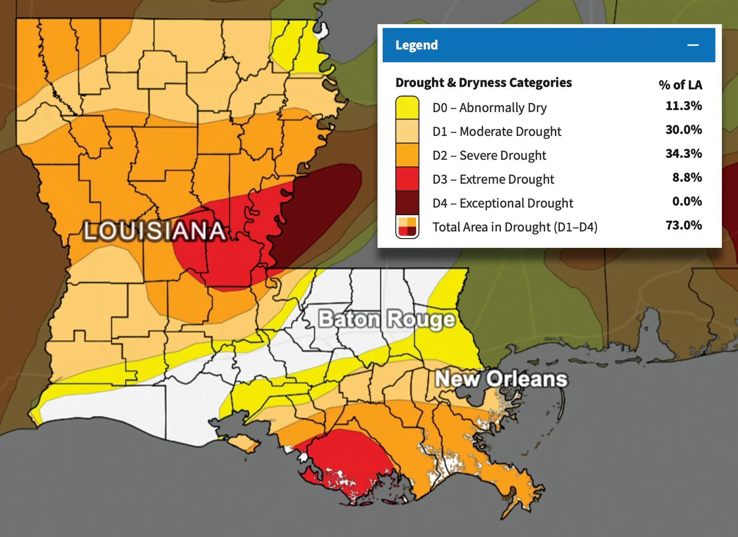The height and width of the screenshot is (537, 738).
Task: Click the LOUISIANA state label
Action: point(154,231)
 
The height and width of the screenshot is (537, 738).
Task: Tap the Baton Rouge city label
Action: point(386,320)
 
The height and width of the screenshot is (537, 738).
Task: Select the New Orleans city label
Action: point(501,379)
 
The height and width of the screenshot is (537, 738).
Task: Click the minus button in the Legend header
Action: point(693,45)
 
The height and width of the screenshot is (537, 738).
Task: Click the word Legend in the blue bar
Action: point(416,45)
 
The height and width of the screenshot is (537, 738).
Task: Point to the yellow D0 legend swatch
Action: point(407,108)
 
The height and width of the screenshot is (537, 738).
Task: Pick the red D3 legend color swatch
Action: point(407,179)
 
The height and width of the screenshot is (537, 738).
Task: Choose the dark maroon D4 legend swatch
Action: point(407,203)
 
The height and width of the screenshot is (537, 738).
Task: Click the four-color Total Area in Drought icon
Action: point(407,227)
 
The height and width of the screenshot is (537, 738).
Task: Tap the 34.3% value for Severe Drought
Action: point(683,153)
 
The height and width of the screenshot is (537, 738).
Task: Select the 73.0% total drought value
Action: point(683,225)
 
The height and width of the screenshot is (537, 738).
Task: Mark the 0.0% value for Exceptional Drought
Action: point(687,201)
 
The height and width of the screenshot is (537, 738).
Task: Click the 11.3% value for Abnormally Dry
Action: point(683,106)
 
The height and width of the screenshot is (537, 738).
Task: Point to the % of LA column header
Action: point(680,85)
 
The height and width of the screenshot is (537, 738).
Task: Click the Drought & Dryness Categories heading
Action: point(483,83)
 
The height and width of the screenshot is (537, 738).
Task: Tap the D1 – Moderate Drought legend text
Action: point(496,132)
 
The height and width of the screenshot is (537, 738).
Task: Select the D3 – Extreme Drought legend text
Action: point(493,179)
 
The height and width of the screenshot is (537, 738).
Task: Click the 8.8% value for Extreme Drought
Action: point(687,178)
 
